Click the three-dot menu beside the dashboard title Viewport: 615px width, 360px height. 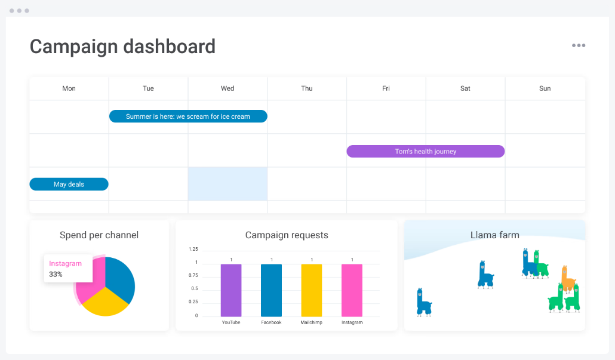pos(578,45)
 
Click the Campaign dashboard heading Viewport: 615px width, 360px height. pos(122,47)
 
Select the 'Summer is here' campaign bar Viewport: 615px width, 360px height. pos(188,116)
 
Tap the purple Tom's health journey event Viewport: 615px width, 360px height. pos(425,152)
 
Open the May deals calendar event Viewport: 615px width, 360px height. pos(69,184)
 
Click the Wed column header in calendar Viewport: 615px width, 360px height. pos(227,88)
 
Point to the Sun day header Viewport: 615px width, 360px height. pos(545,88)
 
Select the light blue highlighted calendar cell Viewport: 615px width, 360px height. pos(227,184)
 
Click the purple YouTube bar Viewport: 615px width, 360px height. pos(231,290)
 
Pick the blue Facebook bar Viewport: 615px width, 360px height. pos(271,290)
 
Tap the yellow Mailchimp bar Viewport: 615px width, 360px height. pos(311,290)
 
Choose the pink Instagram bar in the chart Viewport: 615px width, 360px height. pos(352,290)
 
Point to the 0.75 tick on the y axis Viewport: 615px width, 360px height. pos(193,275)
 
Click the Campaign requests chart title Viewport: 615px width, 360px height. pos(287,235)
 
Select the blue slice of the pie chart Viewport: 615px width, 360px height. pos(121,281)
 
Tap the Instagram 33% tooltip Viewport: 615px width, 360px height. pos(68,269)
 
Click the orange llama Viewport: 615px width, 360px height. pos(567,278)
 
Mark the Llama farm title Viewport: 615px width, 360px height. pos(494,235)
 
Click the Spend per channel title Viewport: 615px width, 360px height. pos(99,235)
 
